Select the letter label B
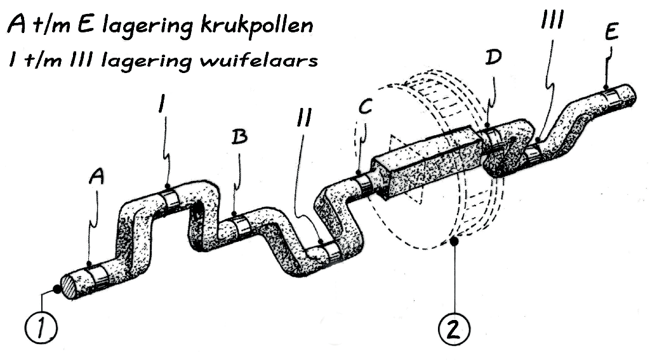pos(239,137)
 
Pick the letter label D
pos(493,58)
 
